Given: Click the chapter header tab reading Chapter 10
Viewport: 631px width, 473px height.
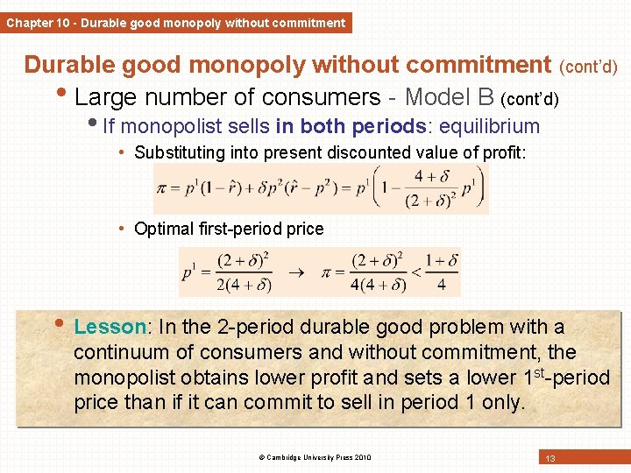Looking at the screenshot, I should click(x=175, y=23).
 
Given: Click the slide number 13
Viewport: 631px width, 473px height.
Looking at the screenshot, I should click(x=551, y=458).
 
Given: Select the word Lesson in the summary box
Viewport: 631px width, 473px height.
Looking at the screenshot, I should click(x=110, y=327).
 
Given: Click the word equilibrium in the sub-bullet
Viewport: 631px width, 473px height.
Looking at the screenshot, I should click(x=491, y=126).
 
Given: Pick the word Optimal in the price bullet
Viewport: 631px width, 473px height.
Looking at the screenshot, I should click(x=162, y=229).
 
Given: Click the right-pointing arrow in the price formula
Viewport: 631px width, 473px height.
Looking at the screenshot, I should click(x=298, y=273).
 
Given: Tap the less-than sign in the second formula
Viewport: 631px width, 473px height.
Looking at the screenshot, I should click(x=416, y=273).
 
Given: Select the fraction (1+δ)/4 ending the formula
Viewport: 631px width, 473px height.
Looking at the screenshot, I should click(x=442, y=272).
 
